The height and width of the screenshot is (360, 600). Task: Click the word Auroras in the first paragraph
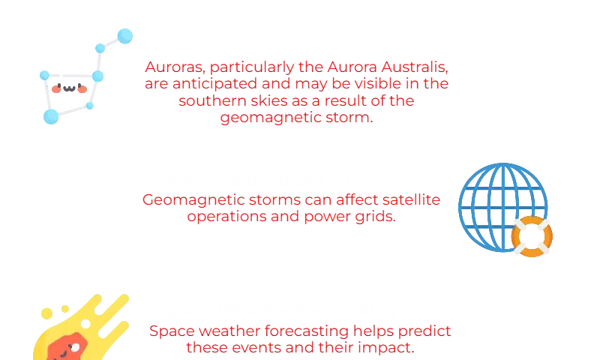pyautogui.click(x=175, y=67)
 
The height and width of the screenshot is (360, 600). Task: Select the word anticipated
pyautogui.click(x=214, y=84)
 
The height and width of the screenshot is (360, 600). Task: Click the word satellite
pyautogui.click(x=411, y=199)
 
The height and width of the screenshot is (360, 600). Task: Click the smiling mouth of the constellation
pyautogui.click(x=69, y=88)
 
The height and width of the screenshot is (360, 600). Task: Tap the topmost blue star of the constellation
pyautogui.click(x=124, y=36)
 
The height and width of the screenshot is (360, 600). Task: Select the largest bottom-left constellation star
pyautogui.click(x=51, y=117)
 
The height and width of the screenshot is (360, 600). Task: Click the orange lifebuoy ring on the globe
pyautogui.click(x=532, y=236)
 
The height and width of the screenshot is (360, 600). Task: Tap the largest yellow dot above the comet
pyautogui.click(x=46, y=313)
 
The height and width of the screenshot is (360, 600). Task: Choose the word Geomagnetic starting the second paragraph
pyautogui.click(x=194, y=200)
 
